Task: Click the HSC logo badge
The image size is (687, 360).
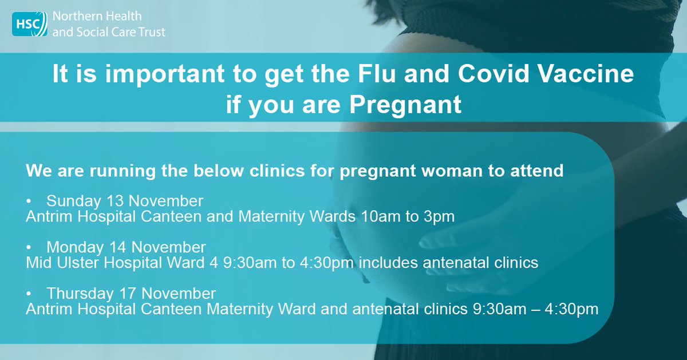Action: click(29, 23)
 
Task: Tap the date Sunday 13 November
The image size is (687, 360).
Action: click(125, 201)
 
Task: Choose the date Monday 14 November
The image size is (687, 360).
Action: click(126, 248)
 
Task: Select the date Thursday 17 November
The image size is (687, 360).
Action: click(131, 294)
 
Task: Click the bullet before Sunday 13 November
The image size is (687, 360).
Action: click(30, 202)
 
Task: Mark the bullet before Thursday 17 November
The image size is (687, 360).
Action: click(30, 294)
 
